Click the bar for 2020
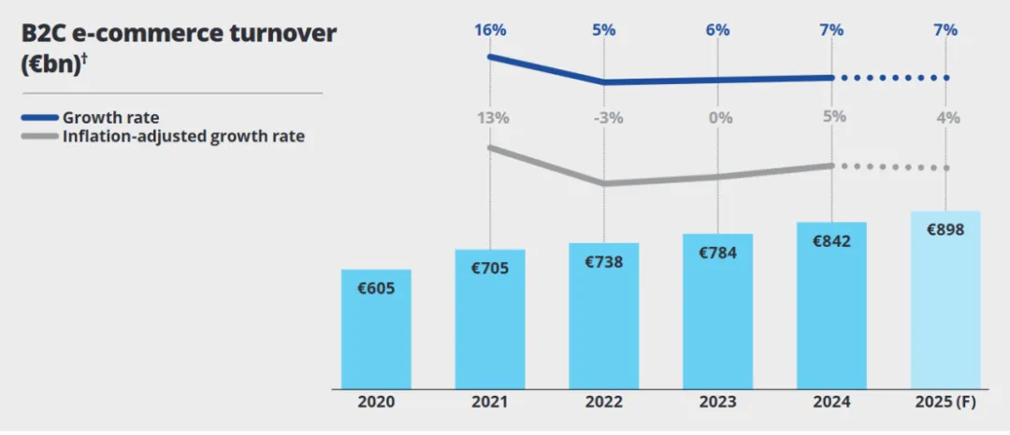tap(376, 329)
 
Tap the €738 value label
tap(604, 262)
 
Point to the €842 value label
tap(832, 241)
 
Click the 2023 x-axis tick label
tap(718, 402)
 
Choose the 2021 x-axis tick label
tap(490, 402)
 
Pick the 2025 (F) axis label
tap(945, 402)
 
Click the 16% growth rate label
tap(490, 30)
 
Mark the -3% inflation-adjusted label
tap(604, 118)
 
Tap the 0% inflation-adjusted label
tap(718, 118)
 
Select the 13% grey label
tap(490, 118)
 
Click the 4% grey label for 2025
tap(946, 118)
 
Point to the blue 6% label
tap(718, 30)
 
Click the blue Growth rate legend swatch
tap(39, 118)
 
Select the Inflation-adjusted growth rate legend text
tap(183, 137)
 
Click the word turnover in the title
tap(281, 33)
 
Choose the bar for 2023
tap(718, 311)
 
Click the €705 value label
tap(490, 268)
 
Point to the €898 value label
tap(945, 230)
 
